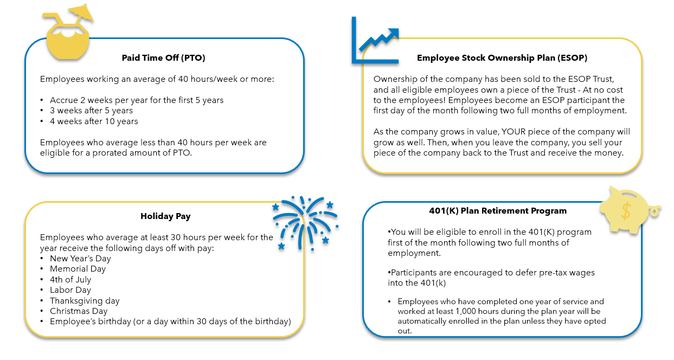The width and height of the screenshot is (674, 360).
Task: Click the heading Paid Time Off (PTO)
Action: tap(163, 57)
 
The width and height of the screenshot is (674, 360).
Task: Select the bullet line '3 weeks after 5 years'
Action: tap(91, 111)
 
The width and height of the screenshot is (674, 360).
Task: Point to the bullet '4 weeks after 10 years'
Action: tap(94, 121)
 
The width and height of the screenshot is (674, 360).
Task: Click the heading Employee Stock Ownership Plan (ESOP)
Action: tap(502, 57)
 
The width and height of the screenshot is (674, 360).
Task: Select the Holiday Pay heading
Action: tap(165, 216)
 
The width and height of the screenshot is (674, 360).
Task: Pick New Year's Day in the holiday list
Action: tap(80, 259)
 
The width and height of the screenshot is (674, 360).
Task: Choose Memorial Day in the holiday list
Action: tap(78, 269)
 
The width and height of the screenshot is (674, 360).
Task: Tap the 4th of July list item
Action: tap(70, 280)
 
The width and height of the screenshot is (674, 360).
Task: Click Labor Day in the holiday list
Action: tap(70, 290)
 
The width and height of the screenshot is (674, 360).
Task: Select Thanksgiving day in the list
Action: tap(85, 301)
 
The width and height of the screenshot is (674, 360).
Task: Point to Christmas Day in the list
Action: tap(79, 311)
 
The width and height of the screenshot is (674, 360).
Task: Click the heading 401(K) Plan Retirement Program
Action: tap(498, 211)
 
